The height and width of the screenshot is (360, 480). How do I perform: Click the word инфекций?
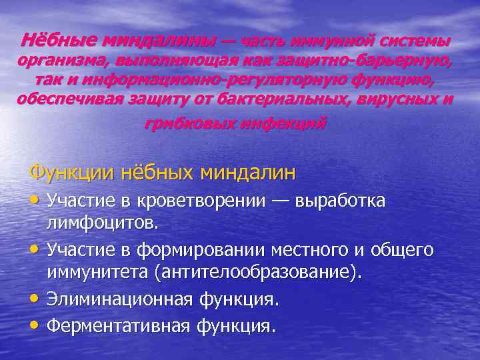coord(279,123)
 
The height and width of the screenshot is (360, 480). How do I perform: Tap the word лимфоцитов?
coord(102,222)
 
